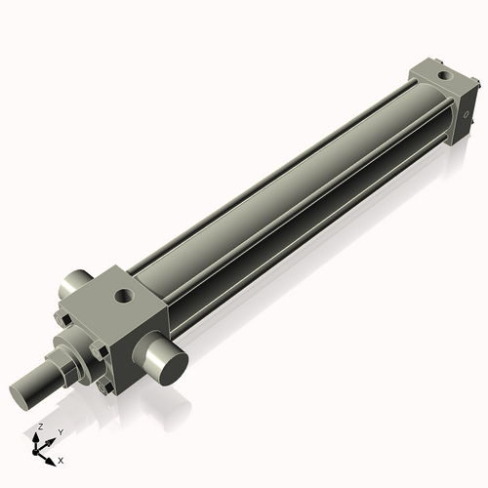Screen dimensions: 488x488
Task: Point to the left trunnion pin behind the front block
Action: (x=72, y=285)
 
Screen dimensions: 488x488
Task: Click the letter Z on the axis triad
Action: (x=40, y=427)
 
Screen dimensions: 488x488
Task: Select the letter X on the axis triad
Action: (x=61, y=458)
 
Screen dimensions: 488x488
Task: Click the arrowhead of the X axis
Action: (x=53, y=456)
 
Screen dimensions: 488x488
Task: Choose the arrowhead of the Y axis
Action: (x=52, y=439)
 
